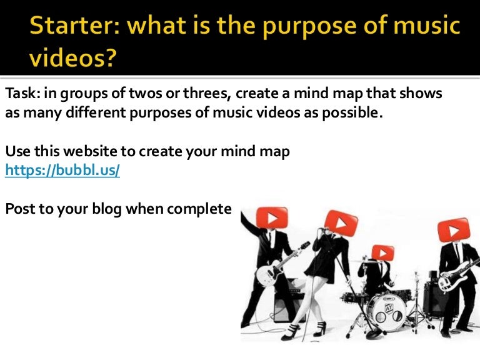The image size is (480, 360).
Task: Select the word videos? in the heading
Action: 72,59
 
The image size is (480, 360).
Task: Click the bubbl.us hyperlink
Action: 62,169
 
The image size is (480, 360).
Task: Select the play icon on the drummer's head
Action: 382,252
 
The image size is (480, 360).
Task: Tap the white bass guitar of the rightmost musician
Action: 453,276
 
